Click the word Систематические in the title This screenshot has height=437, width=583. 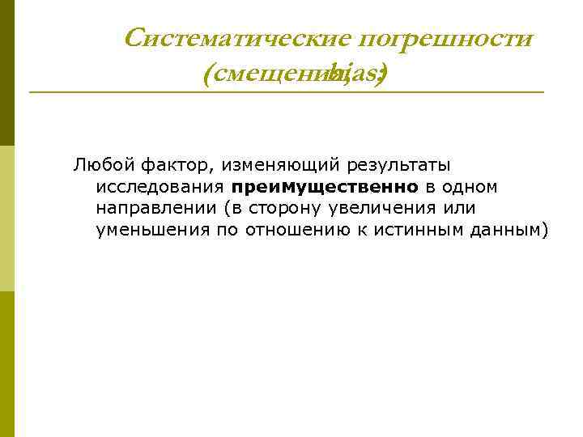237,38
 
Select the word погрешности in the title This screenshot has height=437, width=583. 445,38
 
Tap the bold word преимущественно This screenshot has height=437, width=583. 324,187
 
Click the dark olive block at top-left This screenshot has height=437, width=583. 6,73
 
